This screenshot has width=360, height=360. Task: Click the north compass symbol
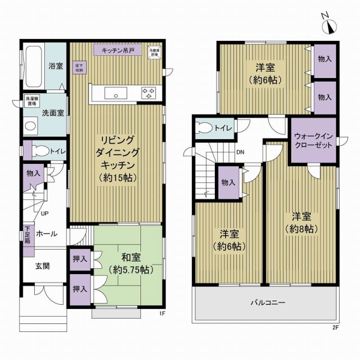[329, 25]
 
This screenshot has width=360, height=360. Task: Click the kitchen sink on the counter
[114, 93]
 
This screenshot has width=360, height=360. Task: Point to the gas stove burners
[148, 93]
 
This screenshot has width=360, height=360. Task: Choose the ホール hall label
[46, 233]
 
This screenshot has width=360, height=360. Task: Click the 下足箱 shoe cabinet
[28, 233]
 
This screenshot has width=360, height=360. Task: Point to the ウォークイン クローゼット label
[313, 140]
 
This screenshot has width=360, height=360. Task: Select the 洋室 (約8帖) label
[301, 221]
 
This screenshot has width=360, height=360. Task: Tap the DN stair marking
[239, 152]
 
